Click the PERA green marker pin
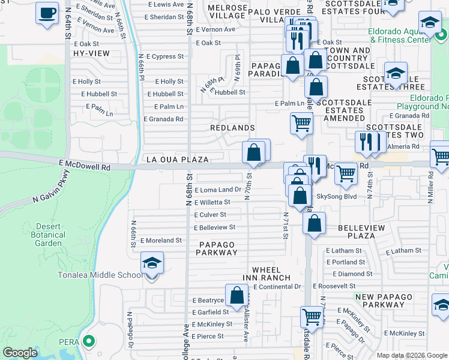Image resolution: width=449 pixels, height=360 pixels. coord(89,342)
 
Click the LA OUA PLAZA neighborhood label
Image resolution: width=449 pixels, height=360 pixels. coord(178,160)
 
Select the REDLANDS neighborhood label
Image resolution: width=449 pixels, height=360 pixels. coord(232,128)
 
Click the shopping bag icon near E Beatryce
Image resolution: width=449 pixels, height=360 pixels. coord(238,295)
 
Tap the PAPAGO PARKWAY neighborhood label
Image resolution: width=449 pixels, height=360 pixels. coord(217,248)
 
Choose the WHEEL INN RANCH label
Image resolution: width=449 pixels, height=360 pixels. coord(271,274)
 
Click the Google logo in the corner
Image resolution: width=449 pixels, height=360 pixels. coord(20,352)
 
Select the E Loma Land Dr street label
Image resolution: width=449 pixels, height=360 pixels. coord(217,190)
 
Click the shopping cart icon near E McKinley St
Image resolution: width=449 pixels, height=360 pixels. coord(312,316)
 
